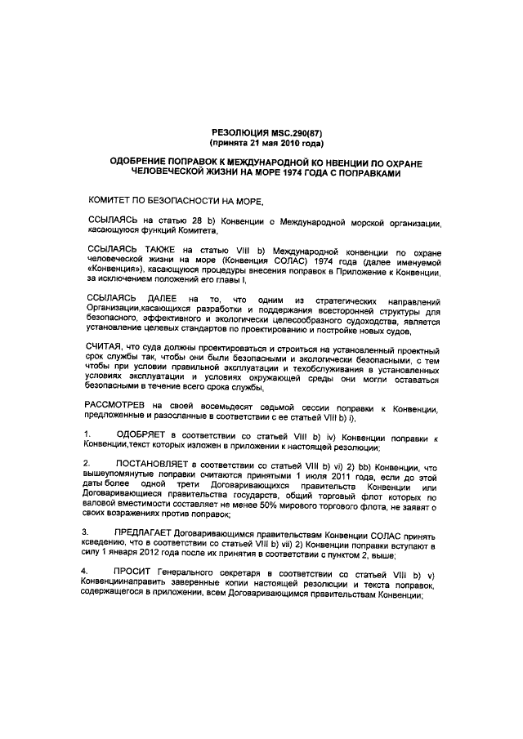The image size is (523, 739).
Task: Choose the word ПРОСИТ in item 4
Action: [x=136, y=570]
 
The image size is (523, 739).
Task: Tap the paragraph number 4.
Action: [x=87, y=570]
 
